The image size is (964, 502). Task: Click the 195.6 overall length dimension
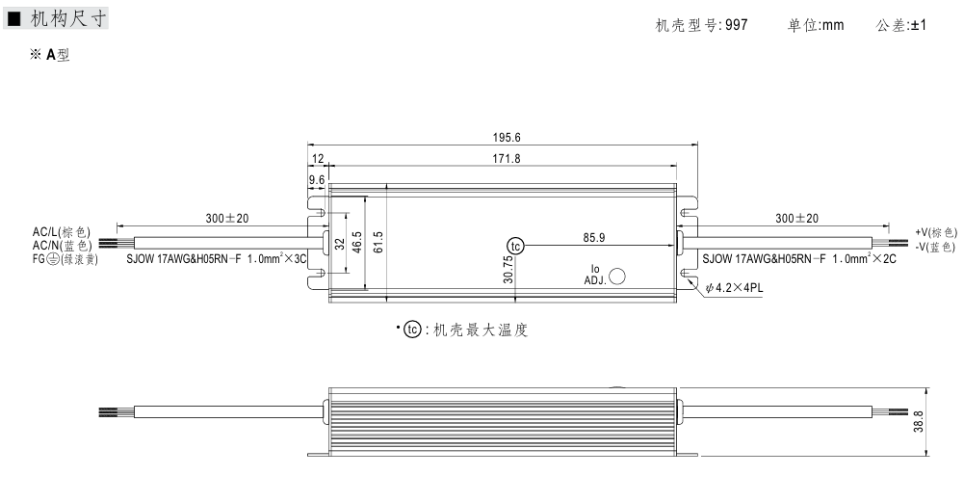(502, 138)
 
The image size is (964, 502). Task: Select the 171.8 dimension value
(503, 158)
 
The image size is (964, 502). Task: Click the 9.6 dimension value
(316, 179)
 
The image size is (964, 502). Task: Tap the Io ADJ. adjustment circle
(617, 277)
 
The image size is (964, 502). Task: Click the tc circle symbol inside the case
(516, 246)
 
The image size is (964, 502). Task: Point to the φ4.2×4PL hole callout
(734, 287)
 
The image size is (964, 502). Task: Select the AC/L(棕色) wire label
(61, 232)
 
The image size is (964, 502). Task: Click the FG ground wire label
(65, 258)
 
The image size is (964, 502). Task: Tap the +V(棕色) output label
(936, 232)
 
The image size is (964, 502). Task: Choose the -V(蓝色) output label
(935, 247)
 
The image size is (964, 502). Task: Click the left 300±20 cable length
(227, 219)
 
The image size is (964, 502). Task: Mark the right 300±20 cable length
(797, 219)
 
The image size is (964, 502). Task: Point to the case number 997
(737, 25)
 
